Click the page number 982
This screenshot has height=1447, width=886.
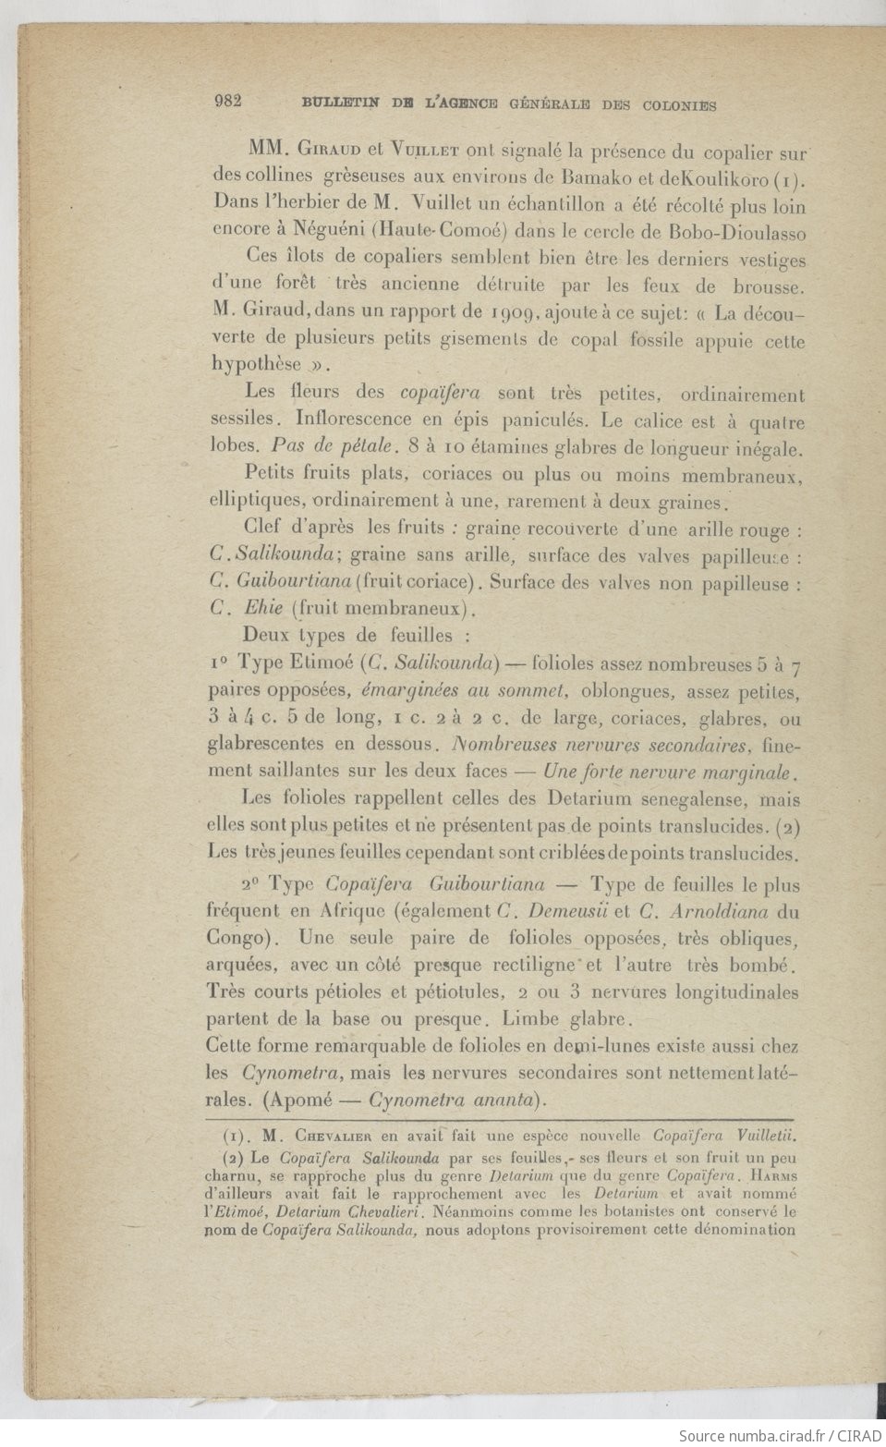point(226,102)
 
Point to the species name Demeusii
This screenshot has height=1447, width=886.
point(568,909)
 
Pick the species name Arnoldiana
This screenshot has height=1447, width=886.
point(721,909)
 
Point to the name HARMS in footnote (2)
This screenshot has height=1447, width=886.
point(773,1173)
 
